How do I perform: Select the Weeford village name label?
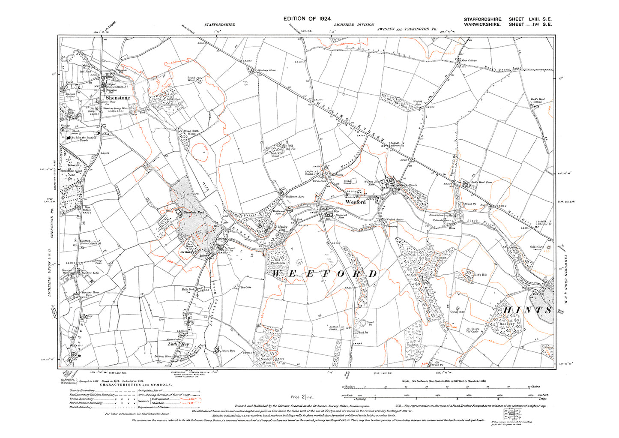(x=356, y=202)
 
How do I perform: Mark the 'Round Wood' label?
(x=191, y=79)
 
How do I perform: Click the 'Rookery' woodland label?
(x=507, y=324)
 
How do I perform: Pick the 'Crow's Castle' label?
(x=475, y=330)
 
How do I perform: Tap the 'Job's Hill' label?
(x=481, y=275)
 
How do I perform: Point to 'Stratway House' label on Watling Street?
(x=266, y=70)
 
